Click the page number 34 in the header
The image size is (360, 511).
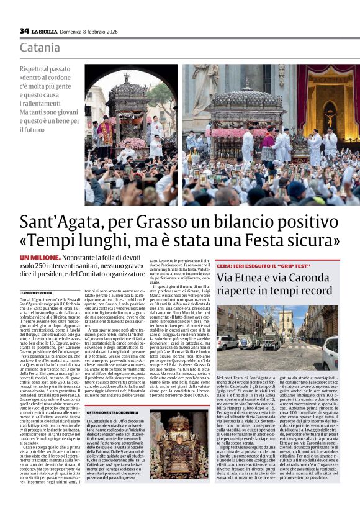(24, 30)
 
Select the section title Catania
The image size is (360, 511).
(40, 48)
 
